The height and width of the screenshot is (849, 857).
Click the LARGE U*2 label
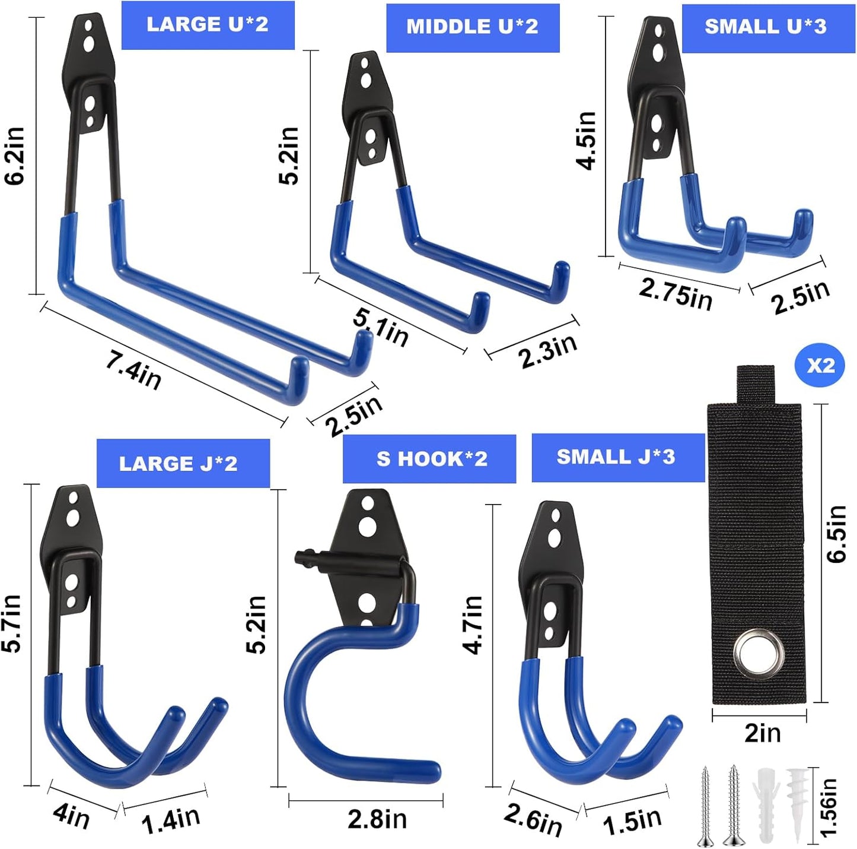coord(208,25)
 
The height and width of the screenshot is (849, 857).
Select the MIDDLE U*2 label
coord(472,27)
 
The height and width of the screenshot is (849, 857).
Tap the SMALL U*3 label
coord(765,27)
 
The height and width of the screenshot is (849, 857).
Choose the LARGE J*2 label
coord(179,464)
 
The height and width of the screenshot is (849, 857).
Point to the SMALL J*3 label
coord(616,457)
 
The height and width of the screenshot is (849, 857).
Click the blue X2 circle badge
coord(820,366)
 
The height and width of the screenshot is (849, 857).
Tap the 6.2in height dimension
coord(15,156)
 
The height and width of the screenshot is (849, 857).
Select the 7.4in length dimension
coord(133,369)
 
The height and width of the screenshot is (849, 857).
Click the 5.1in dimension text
coord(381,328)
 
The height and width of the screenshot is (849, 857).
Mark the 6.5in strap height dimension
coord(836,533)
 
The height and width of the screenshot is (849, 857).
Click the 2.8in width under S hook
coord(377,819)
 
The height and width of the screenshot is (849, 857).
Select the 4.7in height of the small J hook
coord(473,625)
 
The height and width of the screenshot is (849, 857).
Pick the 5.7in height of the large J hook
coord(12,623)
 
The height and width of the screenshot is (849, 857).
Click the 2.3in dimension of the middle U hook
coord(547,351)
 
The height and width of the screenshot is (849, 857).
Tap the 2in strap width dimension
coord(762,733)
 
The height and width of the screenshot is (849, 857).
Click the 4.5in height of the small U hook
coord(587,140)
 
